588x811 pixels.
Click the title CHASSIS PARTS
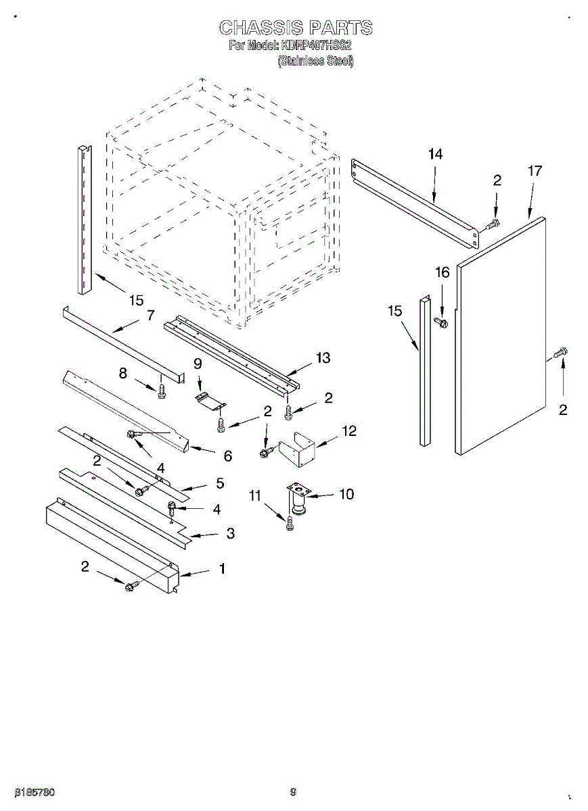pyautogui.click(x=296, y=28)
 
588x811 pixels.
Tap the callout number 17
pyautogui.click(x=535, y=171)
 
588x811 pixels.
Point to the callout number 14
pyautogui.click(x=434, y=154)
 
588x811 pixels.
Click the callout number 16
pyautogui.click(x=441, y=272)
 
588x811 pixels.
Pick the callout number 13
pyautogui.click(x=323, y=358)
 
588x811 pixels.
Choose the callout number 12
pyautogui.click(x=348, y=431)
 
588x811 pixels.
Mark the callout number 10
pyautogui.click(x=346, y=494)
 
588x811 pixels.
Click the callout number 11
pyautogui.click(x=254, y=496)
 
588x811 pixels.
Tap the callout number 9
pyautogui.click(x=198, y=363)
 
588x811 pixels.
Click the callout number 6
pyautogui.click(x=227, y=456)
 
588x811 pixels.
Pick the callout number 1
pyautogui.click(x=221, y=569)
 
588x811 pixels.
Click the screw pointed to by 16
pyautogui.click(x=444, y=323)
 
